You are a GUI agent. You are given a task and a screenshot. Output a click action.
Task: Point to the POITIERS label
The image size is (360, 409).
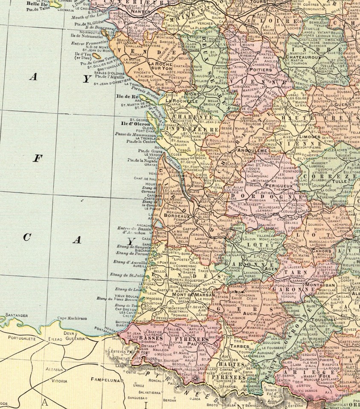tap(260, 69)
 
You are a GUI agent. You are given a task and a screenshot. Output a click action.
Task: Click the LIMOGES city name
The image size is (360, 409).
tap(310, 136)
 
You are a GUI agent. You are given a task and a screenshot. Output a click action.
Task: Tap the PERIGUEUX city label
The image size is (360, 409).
tap(278, 186)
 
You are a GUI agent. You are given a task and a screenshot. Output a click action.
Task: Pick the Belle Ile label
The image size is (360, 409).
tap(36, 3)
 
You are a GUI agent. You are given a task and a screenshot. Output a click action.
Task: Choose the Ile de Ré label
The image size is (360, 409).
tap(126, 97)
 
